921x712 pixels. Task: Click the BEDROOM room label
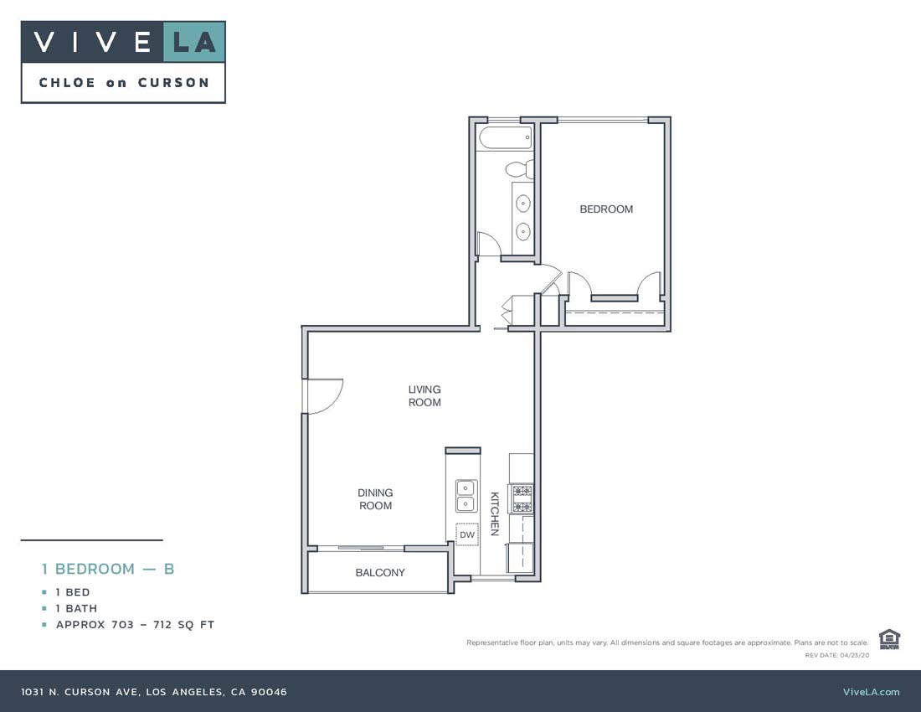(606, 209)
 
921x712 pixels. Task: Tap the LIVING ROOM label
(424, 395)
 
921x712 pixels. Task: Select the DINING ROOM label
(375, 499)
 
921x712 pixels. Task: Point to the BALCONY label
(380, 573)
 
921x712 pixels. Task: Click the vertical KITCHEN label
(495, 513)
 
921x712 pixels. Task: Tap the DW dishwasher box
(467, 534)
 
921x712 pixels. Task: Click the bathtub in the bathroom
(505, 137)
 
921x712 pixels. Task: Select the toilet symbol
(520, 168)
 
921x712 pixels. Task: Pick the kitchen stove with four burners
(522, 499)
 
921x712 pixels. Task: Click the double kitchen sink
(466, 495)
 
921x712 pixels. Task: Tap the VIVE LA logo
(123, 42)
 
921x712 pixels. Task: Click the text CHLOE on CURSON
(123, 82)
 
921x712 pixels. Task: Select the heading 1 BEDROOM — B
(108, 569)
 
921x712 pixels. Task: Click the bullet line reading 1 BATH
(76, 608)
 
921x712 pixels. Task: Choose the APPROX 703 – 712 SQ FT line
(135, 625)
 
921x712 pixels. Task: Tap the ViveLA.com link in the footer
(871, 692)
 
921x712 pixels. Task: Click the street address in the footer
(154, 692)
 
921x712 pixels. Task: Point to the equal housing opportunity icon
(889, 639)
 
